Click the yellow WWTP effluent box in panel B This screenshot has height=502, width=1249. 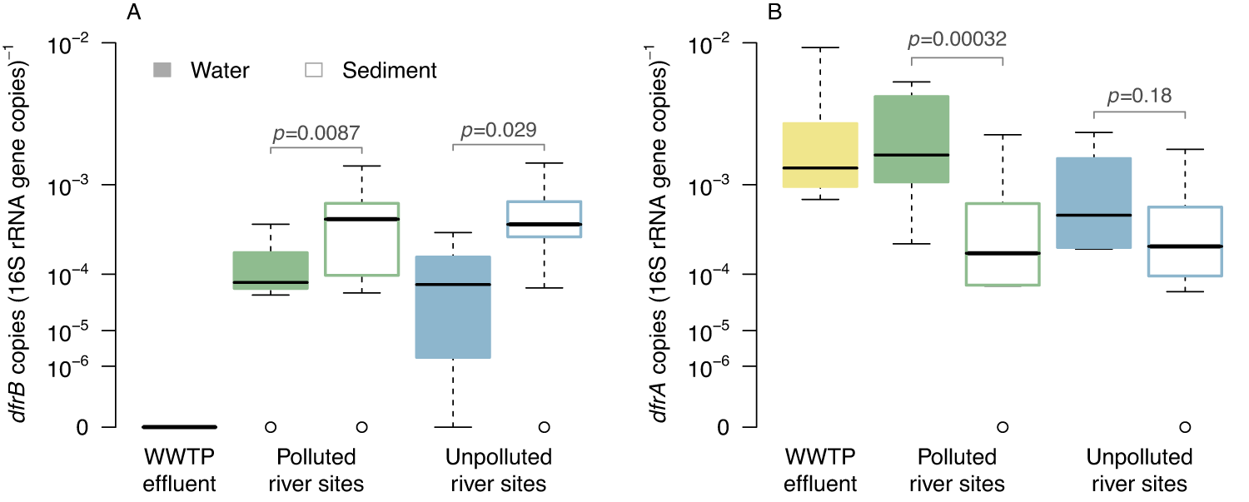(x=820, y=155)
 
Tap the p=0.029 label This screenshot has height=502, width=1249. (x=498, y=129)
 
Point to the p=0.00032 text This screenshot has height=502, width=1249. (x=958, y=39)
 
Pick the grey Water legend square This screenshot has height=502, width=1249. (x=163, y=71)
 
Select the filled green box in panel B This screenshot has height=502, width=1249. (x=912, y=139)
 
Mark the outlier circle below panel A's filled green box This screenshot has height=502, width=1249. (x=271, y=427)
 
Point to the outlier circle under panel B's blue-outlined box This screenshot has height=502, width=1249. (x=1184, y=427)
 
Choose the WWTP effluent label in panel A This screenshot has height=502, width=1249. (x=179, y=470)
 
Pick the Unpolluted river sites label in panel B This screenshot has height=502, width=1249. (x=1139, y=470)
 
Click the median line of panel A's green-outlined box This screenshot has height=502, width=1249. (x=361, y=219)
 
